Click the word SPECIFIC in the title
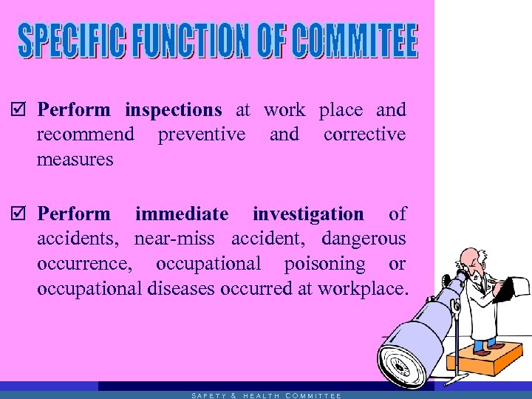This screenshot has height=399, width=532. [73, 41]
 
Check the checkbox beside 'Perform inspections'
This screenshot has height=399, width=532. [21, 111]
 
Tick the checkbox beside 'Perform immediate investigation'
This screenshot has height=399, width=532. [21, 215]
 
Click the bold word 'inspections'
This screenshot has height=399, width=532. [173, 111]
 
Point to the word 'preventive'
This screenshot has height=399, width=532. [201, 134]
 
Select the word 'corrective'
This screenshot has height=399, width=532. [364, 134]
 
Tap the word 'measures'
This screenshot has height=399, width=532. [75, 159]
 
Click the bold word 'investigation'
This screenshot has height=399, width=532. [308, 214]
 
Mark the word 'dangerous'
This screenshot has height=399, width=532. [364, 239]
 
